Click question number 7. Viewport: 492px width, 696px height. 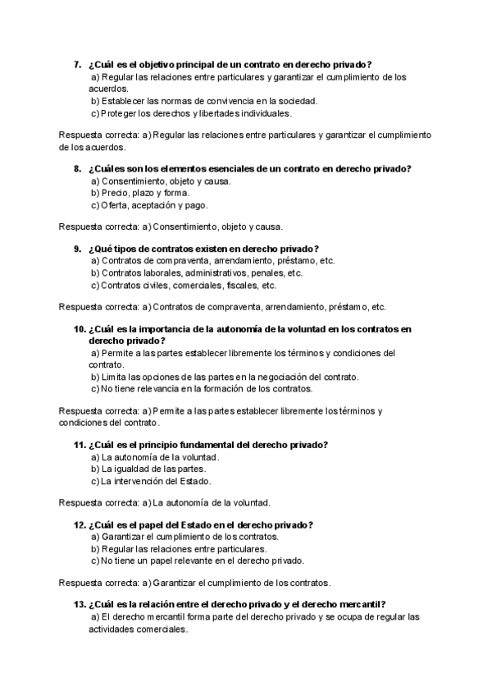(x=76, y=64)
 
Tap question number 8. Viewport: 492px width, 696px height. (x=76, y=168)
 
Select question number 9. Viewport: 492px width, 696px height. (x=76, y=249)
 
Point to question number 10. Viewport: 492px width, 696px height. (x=79, y=328)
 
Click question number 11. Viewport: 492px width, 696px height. (x=79, y=445)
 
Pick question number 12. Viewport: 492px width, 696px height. (x=79, y=524)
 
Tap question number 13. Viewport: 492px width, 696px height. (x=79, y=604)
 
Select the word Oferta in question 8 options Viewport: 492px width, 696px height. (x=116, y=205)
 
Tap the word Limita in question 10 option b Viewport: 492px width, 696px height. (x=113, y=377)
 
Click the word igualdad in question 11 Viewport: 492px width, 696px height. (x=131, y=469)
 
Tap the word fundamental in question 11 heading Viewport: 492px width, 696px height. (x=207, y=445)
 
